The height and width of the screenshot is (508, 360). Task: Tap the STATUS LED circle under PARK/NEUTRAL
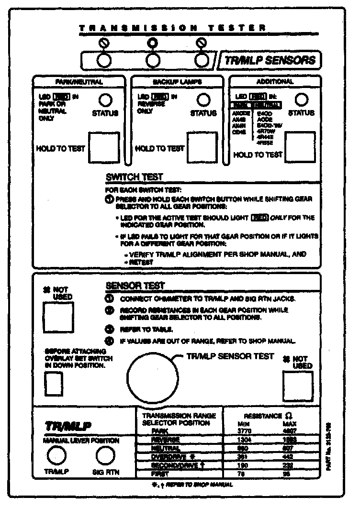(105, 99)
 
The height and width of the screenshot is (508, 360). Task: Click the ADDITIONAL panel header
(274, 82)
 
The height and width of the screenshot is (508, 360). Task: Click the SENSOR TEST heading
(135, 286)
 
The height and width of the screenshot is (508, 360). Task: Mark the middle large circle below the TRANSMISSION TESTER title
(153, 60)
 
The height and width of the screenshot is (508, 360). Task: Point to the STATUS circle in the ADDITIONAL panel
(302, 99)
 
